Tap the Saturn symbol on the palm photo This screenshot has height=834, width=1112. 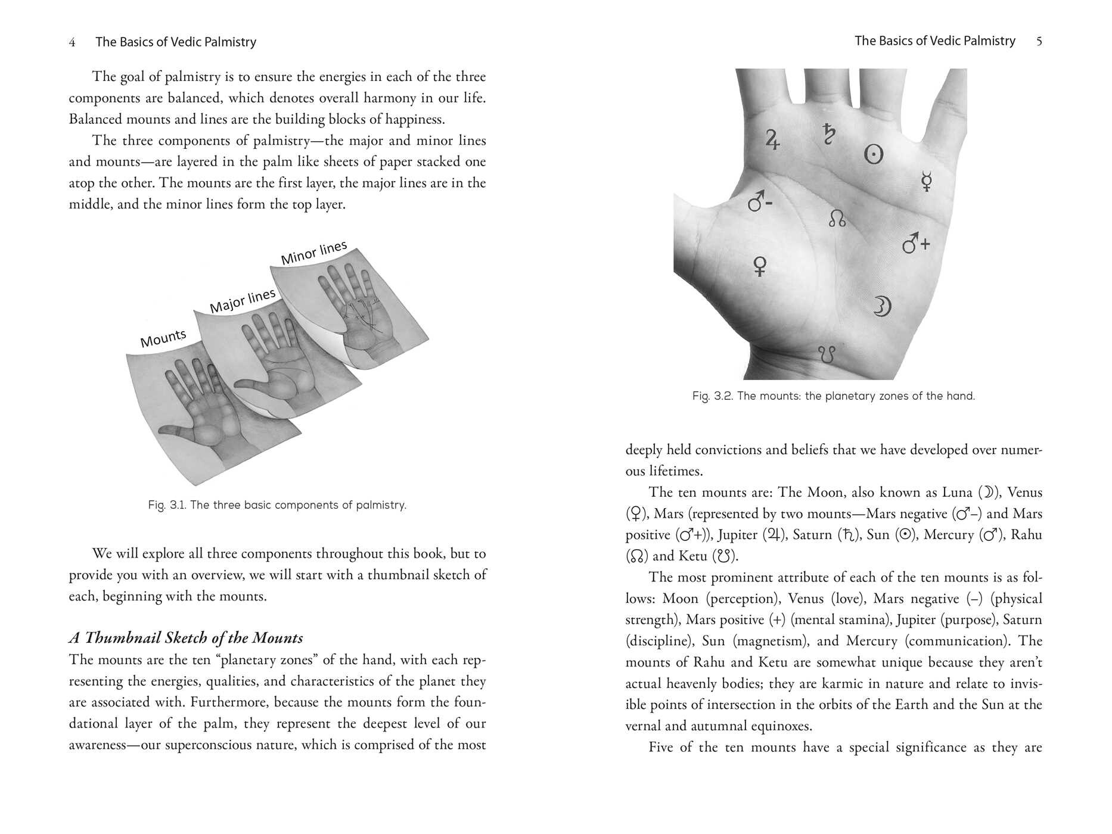(829, 134)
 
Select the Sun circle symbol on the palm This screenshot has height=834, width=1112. (874, 155)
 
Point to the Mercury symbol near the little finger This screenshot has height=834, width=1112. (926, 181)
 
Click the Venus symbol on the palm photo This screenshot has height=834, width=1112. (760, 266)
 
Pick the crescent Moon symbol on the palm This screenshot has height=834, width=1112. (881, 306)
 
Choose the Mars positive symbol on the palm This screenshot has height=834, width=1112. (915, 243)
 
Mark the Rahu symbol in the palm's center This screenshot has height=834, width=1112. (837, 219)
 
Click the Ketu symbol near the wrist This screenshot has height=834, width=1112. (827, 355)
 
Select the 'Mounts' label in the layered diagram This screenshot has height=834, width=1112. (163, 338)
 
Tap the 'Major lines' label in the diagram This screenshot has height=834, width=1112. (243, 301)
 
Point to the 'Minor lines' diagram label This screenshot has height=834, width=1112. (314, 253)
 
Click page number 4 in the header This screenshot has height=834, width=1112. (72, 42)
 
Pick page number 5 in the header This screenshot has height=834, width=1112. (1039, 41)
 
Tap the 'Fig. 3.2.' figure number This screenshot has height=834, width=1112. (713, 396)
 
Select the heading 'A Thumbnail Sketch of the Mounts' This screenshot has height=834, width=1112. (186, 638)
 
